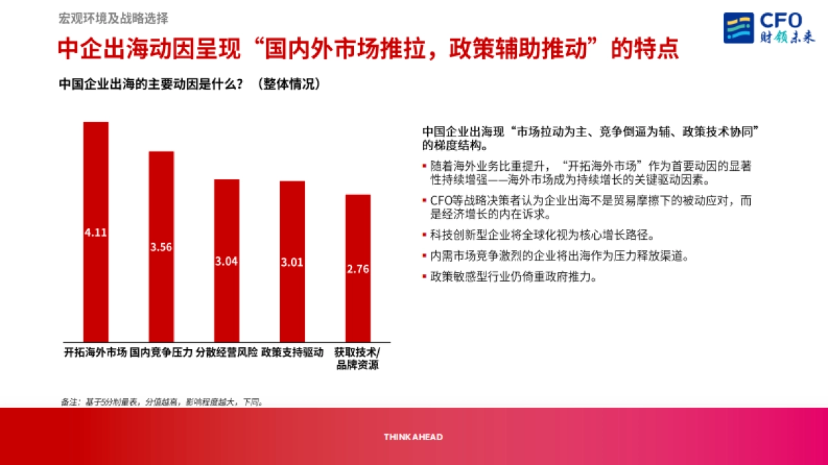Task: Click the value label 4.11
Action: [x=96, y=233]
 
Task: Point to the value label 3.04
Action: [x=226, y=262]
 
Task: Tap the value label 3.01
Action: [x=292, y=262]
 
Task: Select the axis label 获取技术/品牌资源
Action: [x=357, y=359]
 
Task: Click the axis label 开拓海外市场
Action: [x=95, y=353]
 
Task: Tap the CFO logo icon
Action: [x=738, y=28]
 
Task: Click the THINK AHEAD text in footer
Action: [x=413, y=437]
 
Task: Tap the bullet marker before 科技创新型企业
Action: [x=424, y=234]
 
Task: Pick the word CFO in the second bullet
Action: [x=442, y=201]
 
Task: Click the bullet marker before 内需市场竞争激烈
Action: [x=424, y=256]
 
